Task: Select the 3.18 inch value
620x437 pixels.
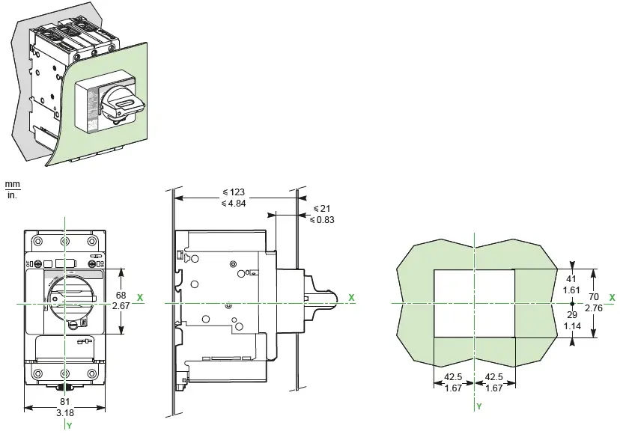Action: coord(66,412)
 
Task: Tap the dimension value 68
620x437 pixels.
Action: coord(121,296)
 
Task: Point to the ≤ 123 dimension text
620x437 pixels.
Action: coord(234,192)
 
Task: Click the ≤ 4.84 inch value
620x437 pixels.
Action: coord(234,203)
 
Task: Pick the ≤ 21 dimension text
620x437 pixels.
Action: coord(323,208)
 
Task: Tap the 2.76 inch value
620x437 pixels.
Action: coord(594,308)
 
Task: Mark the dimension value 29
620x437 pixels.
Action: coord(573,316)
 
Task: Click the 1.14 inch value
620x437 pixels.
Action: coord(573,326)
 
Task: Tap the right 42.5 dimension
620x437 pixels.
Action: coord(494,378)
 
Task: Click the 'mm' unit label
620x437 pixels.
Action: coord(11,183)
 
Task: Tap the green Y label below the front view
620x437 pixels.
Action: coord(68,426)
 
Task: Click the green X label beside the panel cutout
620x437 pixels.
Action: coord(612,297)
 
